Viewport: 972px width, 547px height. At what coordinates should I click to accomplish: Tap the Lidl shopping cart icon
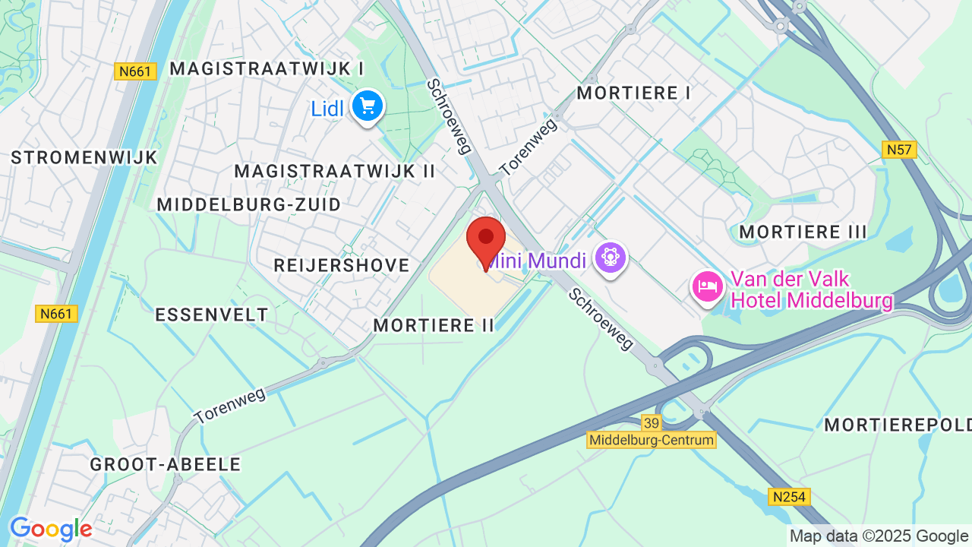click(368, 106)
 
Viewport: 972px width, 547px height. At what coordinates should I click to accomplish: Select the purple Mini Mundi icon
click(610, 258)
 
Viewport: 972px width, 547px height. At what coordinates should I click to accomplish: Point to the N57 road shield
click(900, 150)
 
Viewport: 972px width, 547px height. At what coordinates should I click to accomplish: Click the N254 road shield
click(789, 497)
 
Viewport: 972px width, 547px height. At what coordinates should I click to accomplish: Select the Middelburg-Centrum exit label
click(652, 440)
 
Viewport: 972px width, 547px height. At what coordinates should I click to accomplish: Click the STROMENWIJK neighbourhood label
click(84, 157)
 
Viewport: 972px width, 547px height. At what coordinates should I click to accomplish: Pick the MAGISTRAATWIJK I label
click(267, 68)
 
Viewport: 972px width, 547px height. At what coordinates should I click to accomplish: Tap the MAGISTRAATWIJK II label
click(334, 171)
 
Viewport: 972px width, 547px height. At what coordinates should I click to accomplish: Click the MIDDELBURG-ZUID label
click(249, 204)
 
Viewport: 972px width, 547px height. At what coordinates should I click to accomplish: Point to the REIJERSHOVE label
click(342, 265)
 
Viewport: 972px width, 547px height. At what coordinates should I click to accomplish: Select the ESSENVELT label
click(212, 315)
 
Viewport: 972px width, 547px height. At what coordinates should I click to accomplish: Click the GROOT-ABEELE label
click(166, 464)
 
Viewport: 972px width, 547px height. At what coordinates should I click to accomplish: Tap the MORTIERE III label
click(803, 232)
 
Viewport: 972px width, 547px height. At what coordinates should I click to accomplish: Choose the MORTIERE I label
click(634, 93)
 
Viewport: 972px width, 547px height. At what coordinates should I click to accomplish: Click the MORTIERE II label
click(434, 325)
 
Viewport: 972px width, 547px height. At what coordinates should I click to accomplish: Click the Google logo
click(51, 530)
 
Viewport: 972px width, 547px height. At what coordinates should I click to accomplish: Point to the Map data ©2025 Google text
click(879, 536)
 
